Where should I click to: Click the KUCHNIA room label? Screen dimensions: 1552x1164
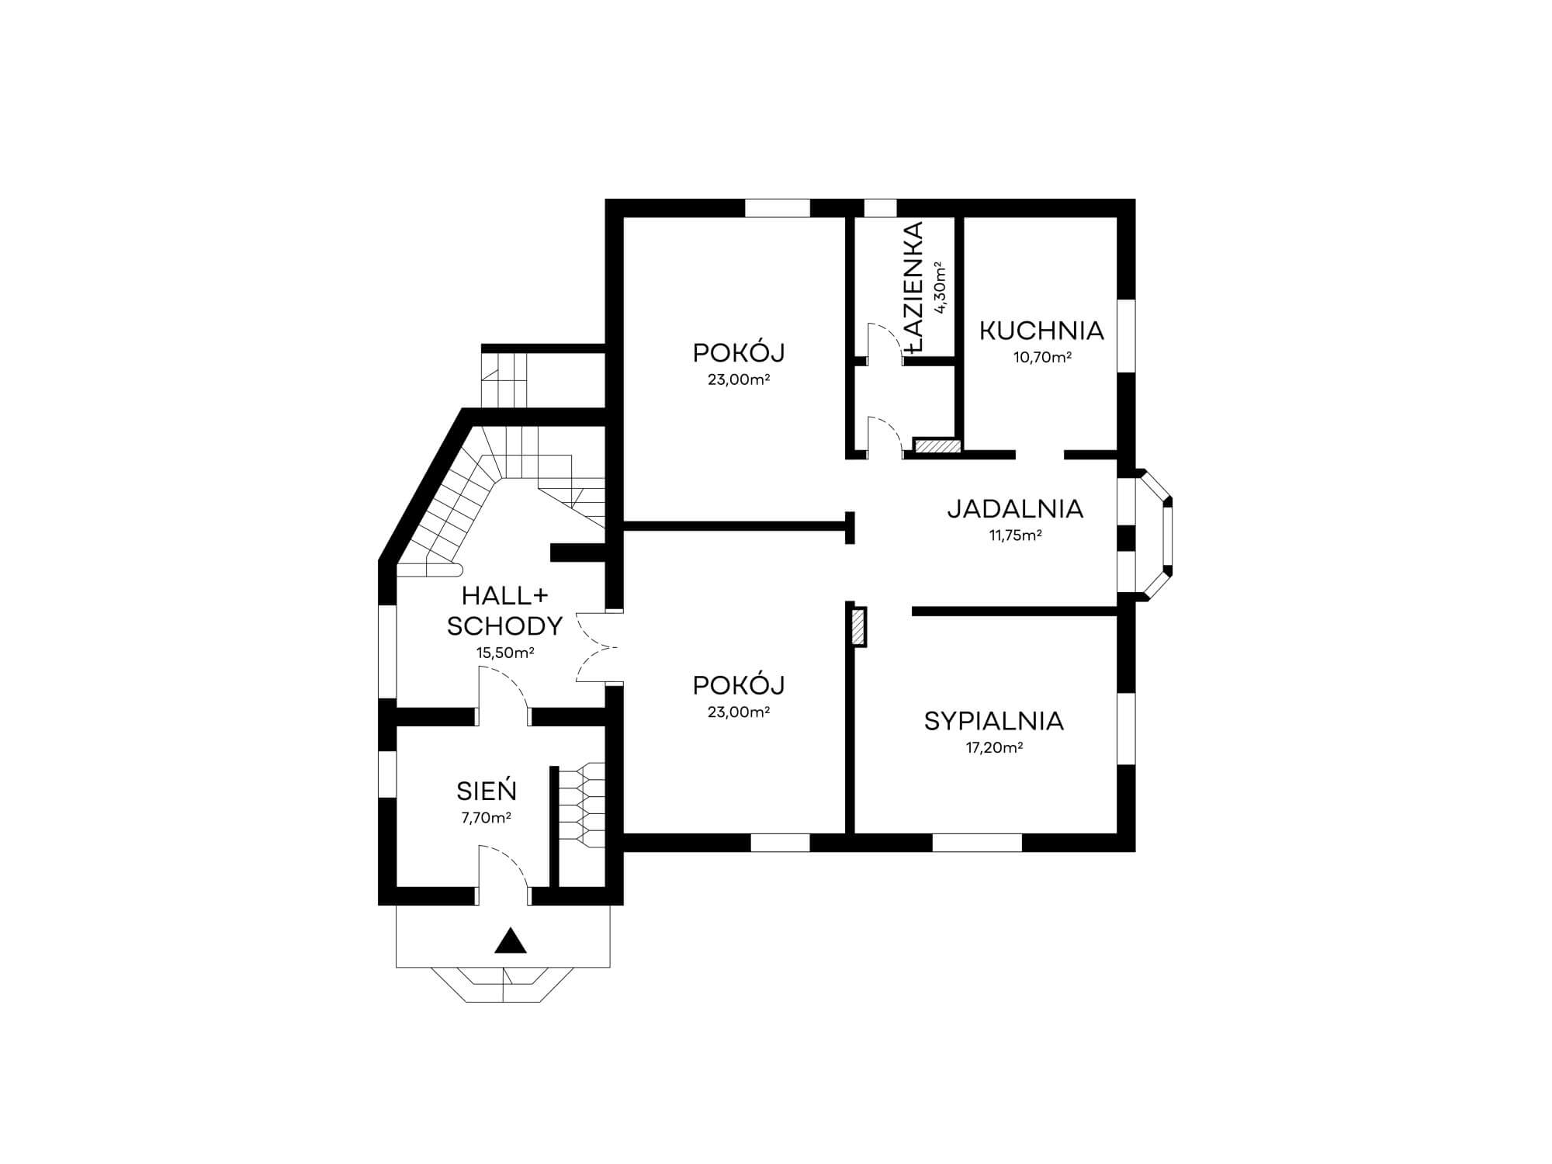pyautogui.click(x=1041, y=331)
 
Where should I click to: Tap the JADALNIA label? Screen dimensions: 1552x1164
pyautogui.click(x=1015, y=509)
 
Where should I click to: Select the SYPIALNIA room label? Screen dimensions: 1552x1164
pyautogui.click(x=993, y=722)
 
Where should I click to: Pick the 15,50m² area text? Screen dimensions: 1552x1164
pyautogui.click(x=505, y=653)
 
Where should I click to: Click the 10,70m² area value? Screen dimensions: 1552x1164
pyautogui.click(x=1042, y=358)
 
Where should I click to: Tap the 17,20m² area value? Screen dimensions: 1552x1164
pyautogui.click(x=993, y=748)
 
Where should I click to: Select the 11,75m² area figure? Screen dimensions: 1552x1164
pyautogui.click(x=1015, y=535)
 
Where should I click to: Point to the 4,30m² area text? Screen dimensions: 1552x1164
pyautogui.click(x=941, y=287)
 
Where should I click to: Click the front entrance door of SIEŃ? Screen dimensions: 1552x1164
pyautogui.click(x=504, y=872)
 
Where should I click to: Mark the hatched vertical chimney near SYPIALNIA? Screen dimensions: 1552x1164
pyautogui.click(x=858, y=627)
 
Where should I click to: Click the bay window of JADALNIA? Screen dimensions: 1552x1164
pyautogui.click(x=1155, y=535)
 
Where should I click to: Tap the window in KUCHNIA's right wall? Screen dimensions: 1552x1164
pyautogui.click(x=1126, y=335)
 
